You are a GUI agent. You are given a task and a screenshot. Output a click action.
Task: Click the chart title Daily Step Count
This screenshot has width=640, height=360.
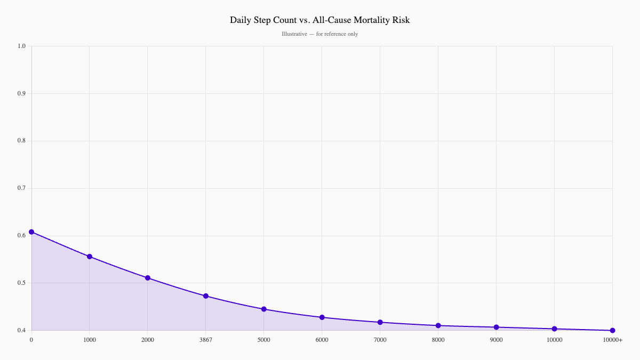pos(319,20)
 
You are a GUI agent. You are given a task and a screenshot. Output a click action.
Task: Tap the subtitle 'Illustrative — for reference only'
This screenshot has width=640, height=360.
pos(319,34)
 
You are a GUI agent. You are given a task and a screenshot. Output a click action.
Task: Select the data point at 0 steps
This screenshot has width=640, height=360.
pos(31,232)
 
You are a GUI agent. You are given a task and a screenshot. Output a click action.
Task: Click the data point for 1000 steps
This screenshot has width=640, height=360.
pos(90,257)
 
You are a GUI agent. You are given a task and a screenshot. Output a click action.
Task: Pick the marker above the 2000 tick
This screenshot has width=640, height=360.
pos(148,278)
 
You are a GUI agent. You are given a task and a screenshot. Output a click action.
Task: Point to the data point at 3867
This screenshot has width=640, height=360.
pos(206,296)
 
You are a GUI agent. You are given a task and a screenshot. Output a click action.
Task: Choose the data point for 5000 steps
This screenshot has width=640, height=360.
pos(264,309)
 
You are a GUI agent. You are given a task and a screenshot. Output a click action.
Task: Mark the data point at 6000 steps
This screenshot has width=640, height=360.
pos(322,317)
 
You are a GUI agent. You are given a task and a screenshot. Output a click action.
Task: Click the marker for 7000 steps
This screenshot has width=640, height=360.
pos(380,322)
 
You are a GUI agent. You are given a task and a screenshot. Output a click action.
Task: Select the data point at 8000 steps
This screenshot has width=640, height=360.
pos(438,325)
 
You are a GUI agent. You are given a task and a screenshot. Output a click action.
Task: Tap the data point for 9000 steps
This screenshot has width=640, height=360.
pos(497,327)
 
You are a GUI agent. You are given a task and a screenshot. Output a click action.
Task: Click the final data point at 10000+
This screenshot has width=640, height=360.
pos(612,331)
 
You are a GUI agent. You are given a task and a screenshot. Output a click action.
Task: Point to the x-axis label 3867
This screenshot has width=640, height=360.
pos(206,340)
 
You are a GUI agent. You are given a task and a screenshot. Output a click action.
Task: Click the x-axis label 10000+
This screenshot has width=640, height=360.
pos(612,340)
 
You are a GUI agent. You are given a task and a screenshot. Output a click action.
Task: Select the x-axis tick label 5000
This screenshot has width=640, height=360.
pos(264,340)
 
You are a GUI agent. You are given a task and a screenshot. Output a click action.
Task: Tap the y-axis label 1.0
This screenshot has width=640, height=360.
pos(21,46)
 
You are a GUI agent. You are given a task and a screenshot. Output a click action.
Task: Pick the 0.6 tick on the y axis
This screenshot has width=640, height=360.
pos(21,236)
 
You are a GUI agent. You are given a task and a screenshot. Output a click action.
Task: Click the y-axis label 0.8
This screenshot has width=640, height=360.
pos(21,141)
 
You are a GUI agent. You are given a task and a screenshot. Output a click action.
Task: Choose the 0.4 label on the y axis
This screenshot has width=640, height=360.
pos(21,331)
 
